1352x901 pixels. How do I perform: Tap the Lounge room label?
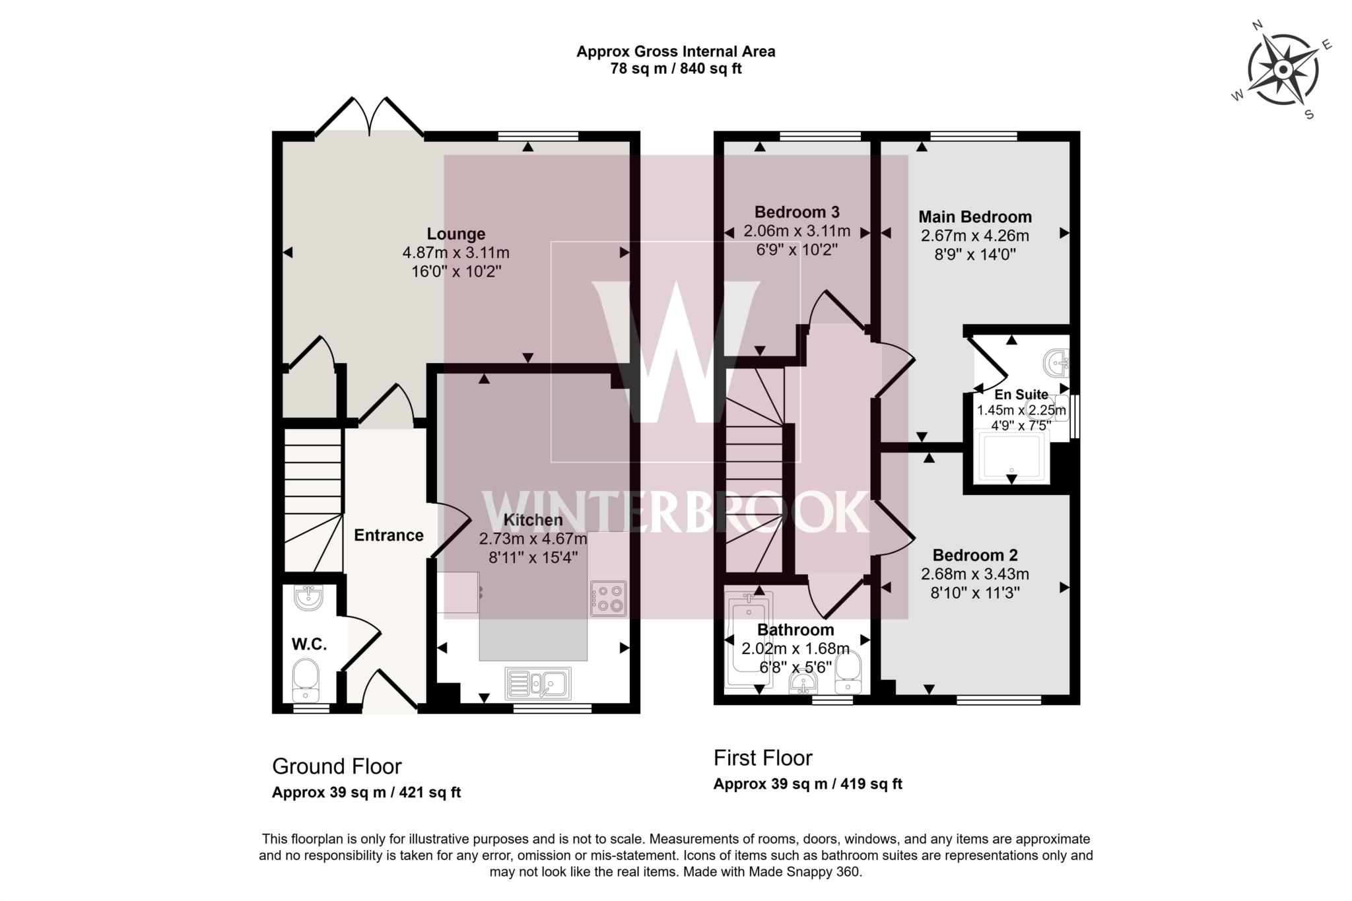(456, 234)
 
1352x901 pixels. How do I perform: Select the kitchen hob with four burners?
(608, 598)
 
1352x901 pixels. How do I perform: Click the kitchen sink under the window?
(538, 683)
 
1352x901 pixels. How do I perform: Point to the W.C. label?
(309, 644)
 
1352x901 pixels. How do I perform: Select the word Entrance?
(388, 535)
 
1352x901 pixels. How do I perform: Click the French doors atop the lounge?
(370, 119)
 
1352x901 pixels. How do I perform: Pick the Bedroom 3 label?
(796, 212)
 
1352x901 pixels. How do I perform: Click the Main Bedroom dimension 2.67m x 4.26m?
(974, 236)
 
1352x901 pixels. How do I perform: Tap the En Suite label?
(1021, 395)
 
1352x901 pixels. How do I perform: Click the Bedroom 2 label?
(974, 555)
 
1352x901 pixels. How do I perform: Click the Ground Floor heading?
(337, 766)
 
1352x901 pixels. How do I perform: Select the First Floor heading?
(762, 758)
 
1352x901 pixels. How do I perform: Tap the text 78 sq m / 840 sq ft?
(675, 69)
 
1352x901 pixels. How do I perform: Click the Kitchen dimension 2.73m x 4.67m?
(533, 539)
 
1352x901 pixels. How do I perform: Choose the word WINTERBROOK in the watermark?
(675, 512)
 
